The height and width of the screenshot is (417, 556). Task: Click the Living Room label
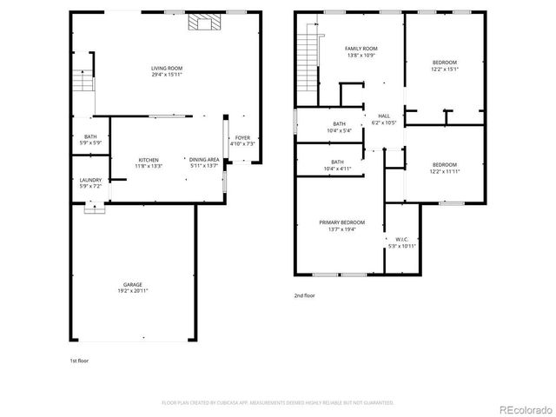[x=167, y=68]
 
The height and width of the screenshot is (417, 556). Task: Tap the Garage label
[x=132, y=283]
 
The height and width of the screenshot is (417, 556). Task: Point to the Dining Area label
[x=203, y=160]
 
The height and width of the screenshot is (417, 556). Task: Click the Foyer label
[x=242, y=137]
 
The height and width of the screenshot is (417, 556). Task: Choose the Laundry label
[x=90, y=180]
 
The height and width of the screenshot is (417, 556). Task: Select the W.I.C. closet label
[x=402, y=239]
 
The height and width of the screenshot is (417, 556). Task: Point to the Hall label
[x=384, y=116]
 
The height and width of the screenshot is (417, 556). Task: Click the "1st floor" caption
[x=79, y=360]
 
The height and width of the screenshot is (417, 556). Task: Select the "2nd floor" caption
[x=304, y=296]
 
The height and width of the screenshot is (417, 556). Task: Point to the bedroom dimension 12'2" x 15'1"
[x=445, y=69]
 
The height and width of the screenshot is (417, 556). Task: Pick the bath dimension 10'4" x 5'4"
[x=339, y=131]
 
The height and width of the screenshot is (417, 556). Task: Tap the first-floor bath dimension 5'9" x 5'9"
[x=90, y=142]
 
